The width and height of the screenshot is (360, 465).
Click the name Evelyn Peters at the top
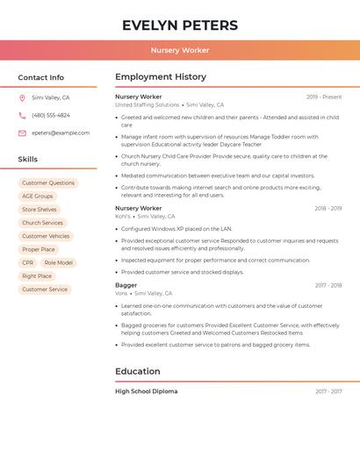(180, 25)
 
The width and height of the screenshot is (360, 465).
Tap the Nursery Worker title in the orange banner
(180, 50)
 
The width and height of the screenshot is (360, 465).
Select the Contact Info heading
(41, 77)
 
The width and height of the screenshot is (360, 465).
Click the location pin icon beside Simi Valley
(22, 98)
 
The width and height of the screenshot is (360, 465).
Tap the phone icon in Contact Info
(22, 116)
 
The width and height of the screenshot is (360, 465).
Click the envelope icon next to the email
(22, 133)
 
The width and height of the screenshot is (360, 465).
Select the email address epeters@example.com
(61, 133)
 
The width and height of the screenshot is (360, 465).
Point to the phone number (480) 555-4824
(51, 116)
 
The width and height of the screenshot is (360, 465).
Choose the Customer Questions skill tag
(48, 183)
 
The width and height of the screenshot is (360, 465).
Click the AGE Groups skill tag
(38, 197)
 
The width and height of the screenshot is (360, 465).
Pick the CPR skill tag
(28, 263)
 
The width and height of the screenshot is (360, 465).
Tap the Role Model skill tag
(58, 263)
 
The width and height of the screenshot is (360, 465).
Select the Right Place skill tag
(37, 276)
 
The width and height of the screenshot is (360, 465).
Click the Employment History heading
(161, 77)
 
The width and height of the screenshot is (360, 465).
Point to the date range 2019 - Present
(324, 97)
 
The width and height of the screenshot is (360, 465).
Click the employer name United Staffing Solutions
(148, 105)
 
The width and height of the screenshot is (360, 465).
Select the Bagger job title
(126, 285)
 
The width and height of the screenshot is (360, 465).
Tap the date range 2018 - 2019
(328, 209)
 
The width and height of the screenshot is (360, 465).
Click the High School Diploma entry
(147, 391)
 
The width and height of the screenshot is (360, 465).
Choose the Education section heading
(138, 371)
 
